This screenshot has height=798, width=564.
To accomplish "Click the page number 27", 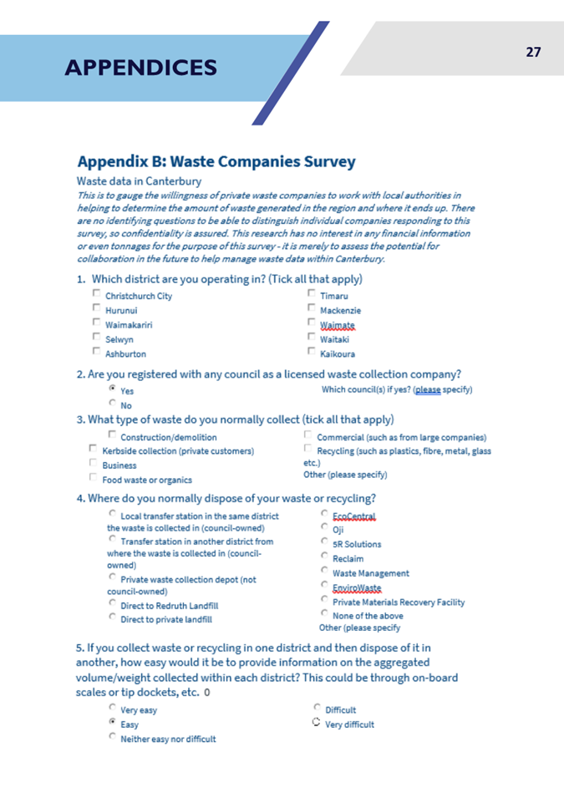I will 533,52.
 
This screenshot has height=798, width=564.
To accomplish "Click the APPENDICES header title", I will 140,68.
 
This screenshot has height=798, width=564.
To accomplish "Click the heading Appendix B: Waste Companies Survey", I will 216,161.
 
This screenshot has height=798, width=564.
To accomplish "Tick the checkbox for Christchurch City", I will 97,294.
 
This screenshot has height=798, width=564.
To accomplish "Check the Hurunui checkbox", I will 97,309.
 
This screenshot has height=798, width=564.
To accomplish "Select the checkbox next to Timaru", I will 312,294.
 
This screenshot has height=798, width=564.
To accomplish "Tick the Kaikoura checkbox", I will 312,353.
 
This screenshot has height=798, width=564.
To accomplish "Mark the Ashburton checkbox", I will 97,353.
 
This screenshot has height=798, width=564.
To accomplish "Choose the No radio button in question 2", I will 113,404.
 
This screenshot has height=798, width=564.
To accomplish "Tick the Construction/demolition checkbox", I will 113,435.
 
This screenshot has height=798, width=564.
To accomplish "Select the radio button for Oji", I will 325,528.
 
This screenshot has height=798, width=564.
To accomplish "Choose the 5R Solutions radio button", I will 325,543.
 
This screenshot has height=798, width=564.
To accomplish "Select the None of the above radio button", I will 325,614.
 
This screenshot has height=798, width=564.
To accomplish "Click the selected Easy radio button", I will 113,724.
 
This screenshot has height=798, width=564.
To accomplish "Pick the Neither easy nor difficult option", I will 113,739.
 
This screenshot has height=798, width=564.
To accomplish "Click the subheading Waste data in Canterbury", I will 138,180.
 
